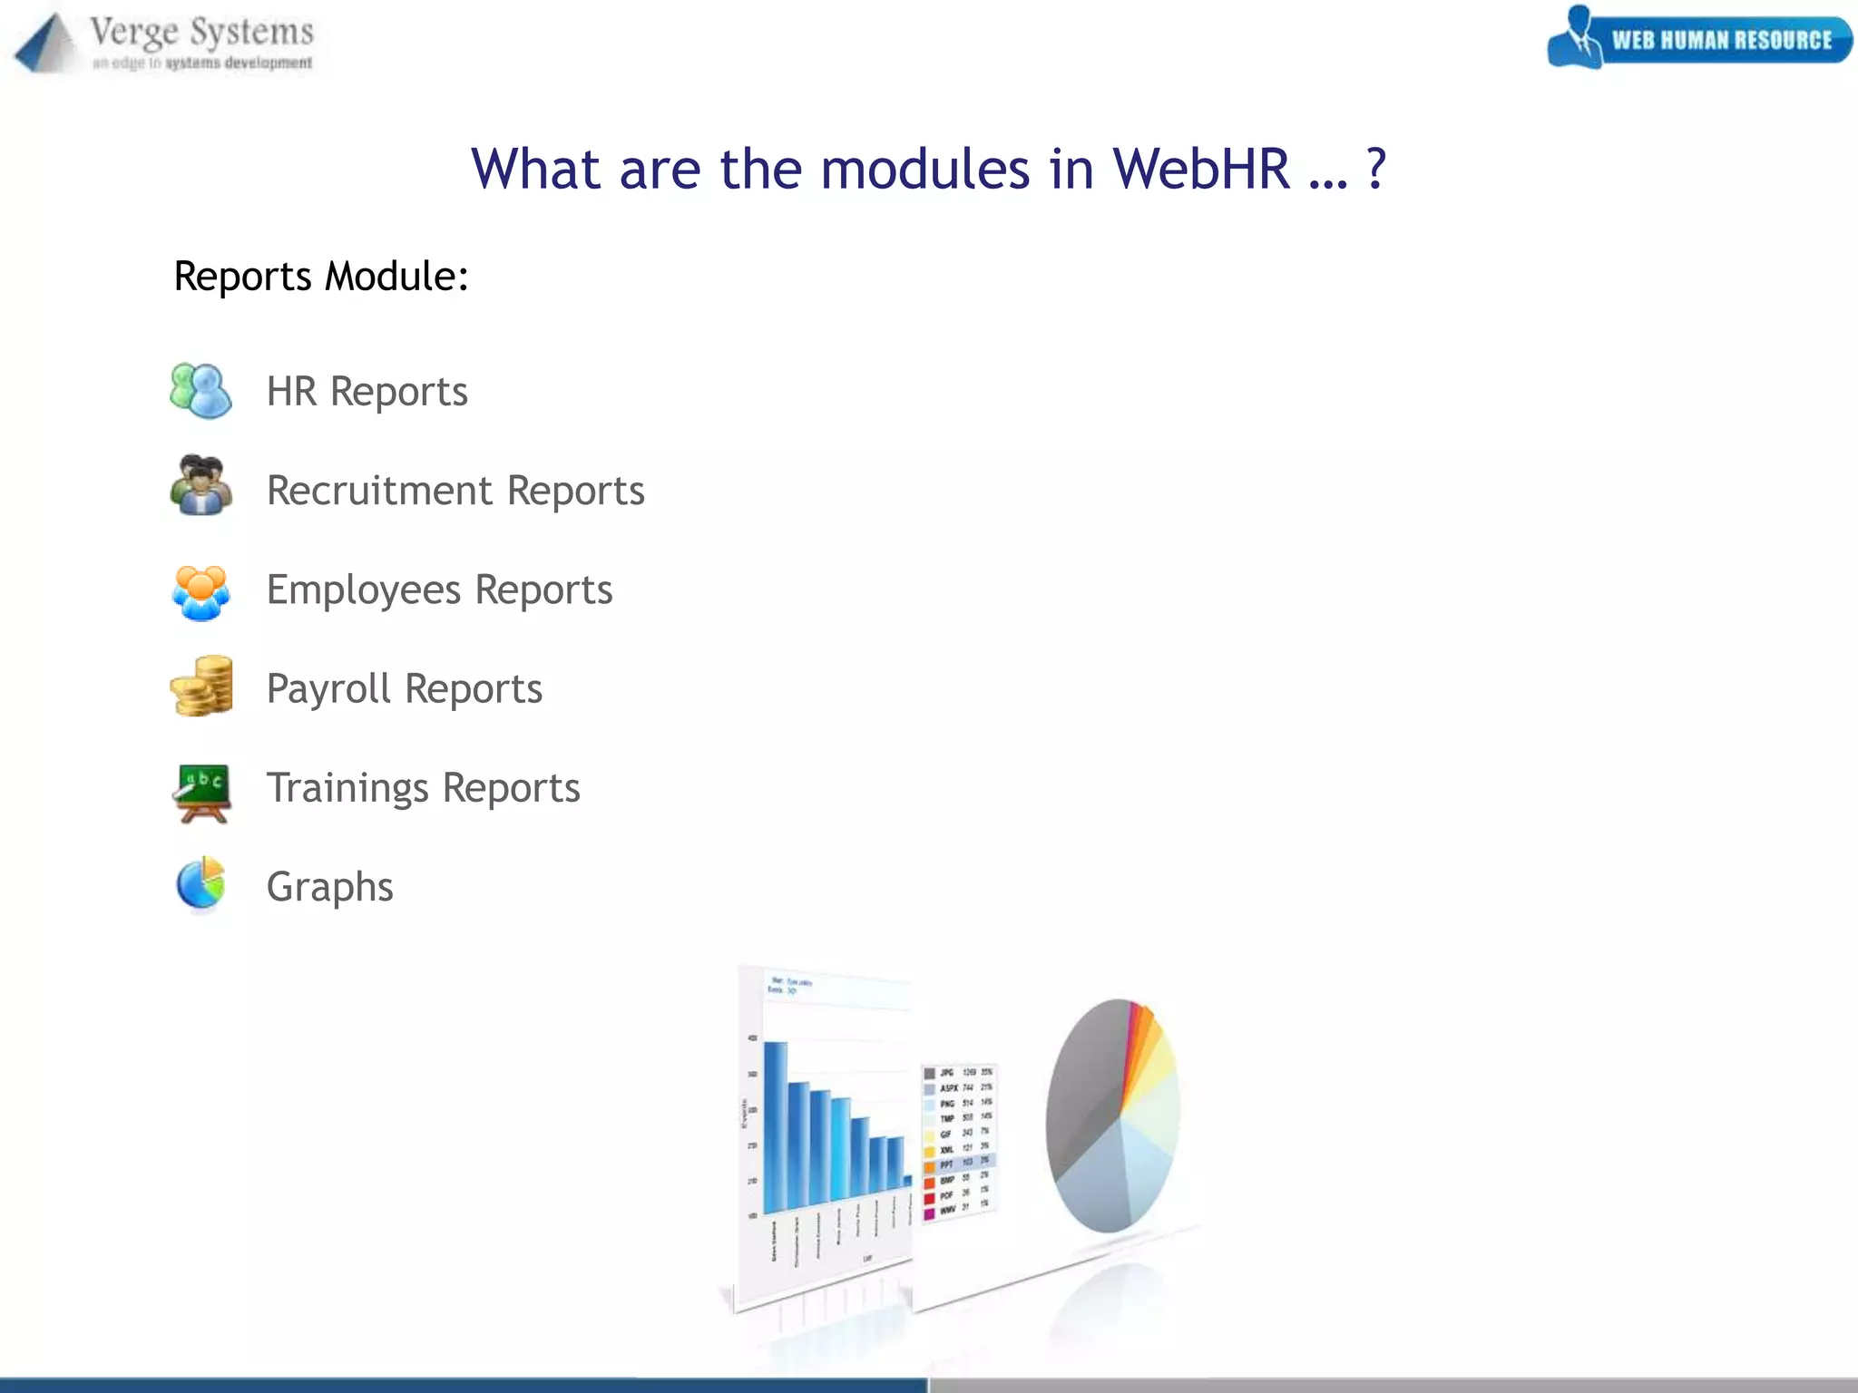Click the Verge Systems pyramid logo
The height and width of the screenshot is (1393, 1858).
(x=45, y=44)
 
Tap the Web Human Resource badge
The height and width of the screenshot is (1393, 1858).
(x=1700, y=38)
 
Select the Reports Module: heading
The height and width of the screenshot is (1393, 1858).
(x=321, y=277)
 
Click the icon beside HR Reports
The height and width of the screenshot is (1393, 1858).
(x=200, y=391)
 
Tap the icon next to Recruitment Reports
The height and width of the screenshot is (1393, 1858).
(x=200, y=486)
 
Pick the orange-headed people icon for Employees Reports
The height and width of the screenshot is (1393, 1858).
(x=200, y=591)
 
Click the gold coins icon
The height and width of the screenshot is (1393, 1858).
(x=201, y=687)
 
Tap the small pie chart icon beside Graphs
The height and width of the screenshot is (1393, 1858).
(x=200, y=883)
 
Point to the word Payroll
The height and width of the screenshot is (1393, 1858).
(x=328, y=689)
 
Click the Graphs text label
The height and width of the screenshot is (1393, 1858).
(x=329, y=887)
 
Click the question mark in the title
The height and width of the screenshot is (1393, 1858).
(x=1376, y=170)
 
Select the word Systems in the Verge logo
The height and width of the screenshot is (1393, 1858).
(x=251, y=33)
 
